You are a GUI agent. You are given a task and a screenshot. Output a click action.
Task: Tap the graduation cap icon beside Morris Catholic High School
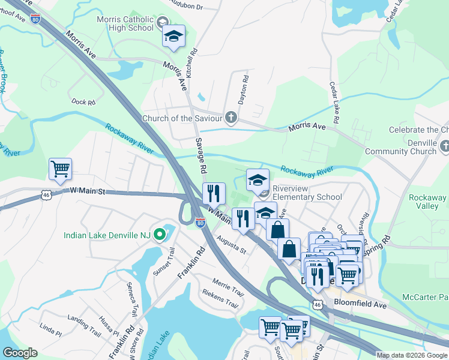click(x=173, y=37)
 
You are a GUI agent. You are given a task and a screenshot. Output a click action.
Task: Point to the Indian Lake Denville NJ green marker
click(x=159, y=235)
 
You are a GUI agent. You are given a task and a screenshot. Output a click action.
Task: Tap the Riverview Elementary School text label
click(x=307, y=192)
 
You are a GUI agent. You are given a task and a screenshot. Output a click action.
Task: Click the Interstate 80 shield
click(x=200, y=224)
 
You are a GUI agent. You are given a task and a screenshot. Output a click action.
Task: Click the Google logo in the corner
click(x=20, y=353)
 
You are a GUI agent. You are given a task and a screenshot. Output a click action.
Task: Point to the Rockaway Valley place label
click(x=427, y=202)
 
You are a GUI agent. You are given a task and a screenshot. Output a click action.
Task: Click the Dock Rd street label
click(x=83, y=103)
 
